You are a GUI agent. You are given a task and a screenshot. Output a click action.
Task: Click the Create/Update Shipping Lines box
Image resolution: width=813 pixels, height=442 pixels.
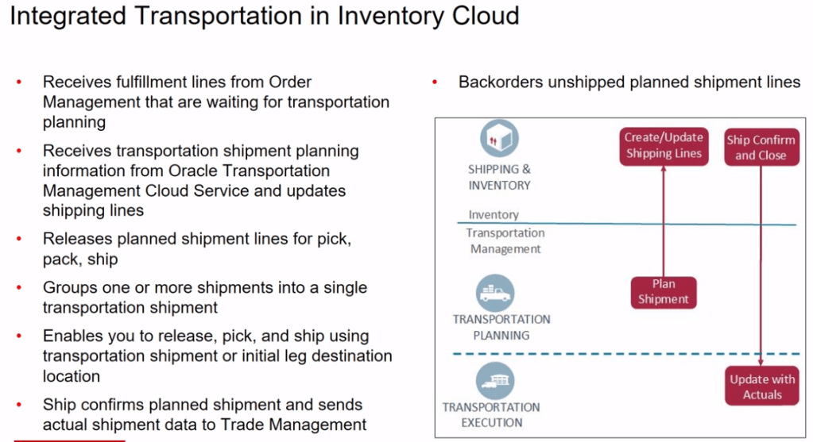pyautogui.click(x=664, y=146)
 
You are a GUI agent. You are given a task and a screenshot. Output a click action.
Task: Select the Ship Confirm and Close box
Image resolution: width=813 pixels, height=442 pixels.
pyautogui.click(x=761, y=148)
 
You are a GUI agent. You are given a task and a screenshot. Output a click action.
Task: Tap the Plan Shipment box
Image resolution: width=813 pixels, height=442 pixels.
pyautogui.click(x=664, y=291)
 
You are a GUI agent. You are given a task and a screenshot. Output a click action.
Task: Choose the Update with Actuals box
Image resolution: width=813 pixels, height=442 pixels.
pyautogui.click(x=762, y=386)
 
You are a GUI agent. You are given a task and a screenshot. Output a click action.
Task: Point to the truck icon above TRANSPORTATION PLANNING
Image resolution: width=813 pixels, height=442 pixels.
pyautogui.click(x=499, y=294)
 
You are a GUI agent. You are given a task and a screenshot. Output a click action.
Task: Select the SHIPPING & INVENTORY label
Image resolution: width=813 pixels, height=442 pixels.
pyautogui.click(x=499, y=177)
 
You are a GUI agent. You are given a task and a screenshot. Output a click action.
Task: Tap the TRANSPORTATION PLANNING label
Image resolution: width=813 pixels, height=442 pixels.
pyautogui.click(x=501, y=327)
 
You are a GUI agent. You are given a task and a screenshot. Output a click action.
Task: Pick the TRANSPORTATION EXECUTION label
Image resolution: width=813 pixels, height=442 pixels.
pyautogui.click(x=491, y=415)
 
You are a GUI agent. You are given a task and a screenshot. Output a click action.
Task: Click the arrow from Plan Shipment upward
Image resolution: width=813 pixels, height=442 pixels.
pyautogui.click(x=664, y=222)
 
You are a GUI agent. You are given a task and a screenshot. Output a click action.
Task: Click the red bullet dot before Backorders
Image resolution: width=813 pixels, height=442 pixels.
pyautogui.click(x=436, y=82)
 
